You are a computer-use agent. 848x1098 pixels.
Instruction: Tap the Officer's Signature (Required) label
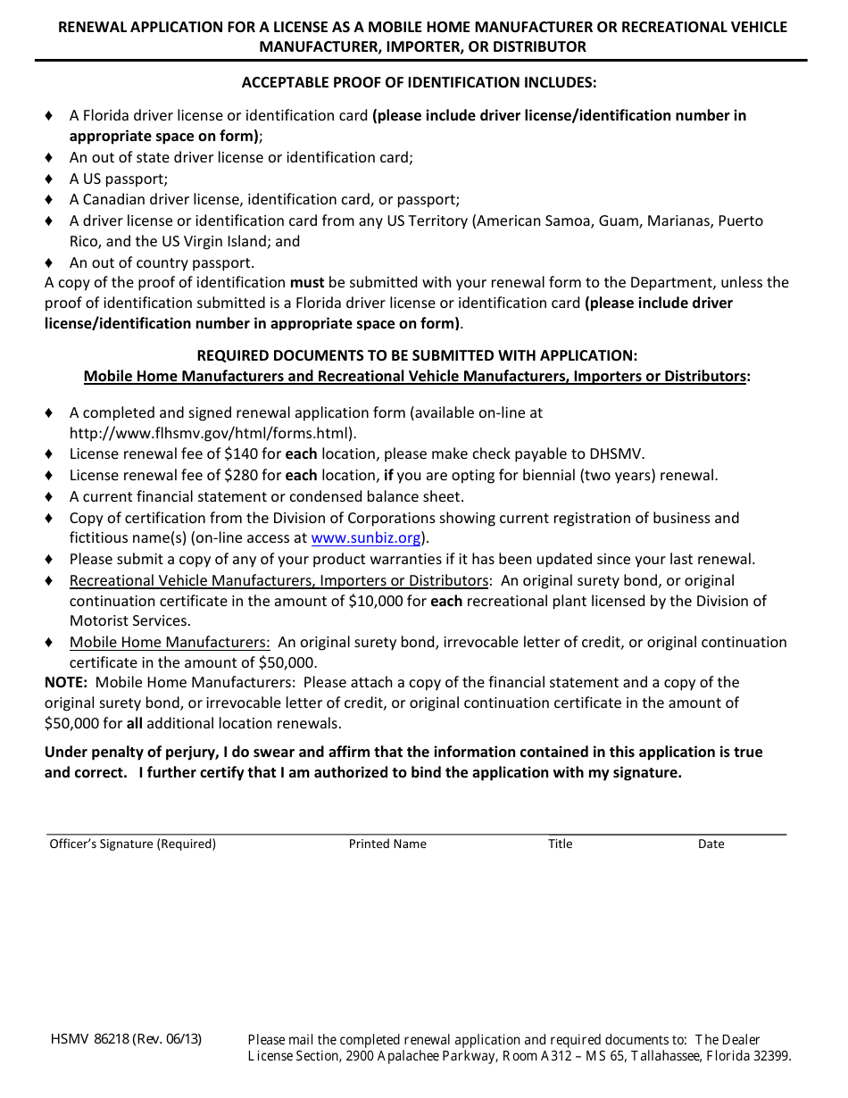tap(132, 844)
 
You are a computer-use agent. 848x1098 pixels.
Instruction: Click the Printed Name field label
tap(387, 844)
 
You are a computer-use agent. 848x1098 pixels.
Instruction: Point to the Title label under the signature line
tap(560, 844)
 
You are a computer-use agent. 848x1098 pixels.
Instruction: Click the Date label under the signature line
tap(711, 844)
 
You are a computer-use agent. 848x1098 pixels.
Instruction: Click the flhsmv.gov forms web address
tap(212, 434)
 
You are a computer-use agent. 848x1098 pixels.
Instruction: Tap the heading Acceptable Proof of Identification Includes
tap(419, 83)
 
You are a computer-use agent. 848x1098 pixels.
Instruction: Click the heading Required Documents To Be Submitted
tap(417, 355)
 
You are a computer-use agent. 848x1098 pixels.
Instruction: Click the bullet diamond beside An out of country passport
tap(49, 263)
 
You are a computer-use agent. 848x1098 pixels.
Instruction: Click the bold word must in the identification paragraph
tap(307, 283)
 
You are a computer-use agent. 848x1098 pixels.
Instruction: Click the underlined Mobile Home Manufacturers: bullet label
tap(170, 643)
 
